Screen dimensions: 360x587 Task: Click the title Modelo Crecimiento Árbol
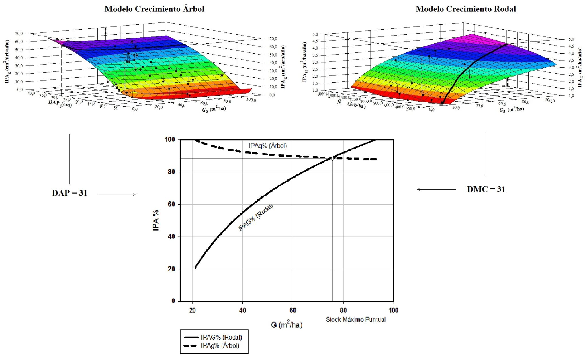pos(154,9)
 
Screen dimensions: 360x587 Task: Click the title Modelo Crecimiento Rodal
pos(466,9)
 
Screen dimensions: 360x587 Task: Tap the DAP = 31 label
pos(70,193)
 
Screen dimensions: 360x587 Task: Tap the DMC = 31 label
pos(486,189)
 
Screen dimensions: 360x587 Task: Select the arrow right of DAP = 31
pos(116,194)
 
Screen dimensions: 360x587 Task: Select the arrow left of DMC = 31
pos(436,189)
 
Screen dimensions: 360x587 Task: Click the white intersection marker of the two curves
pos(332,158)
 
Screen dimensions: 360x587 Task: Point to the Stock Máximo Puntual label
pos(356,319)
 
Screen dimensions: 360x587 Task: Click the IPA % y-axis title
pos(156,220)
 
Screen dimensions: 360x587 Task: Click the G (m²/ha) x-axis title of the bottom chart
pos(286,324)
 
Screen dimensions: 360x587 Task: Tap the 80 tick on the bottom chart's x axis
pos(343,310)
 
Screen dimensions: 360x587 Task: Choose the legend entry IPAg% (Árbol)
pos(220,345)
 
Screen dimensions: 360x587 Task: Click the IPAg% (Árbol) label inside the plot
pos(267,146)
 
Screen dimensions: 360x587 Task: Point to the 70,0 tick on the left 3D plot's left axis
pos(19,34)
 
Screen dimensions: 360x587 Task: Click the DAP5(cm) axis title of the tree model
pos(60,103)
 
